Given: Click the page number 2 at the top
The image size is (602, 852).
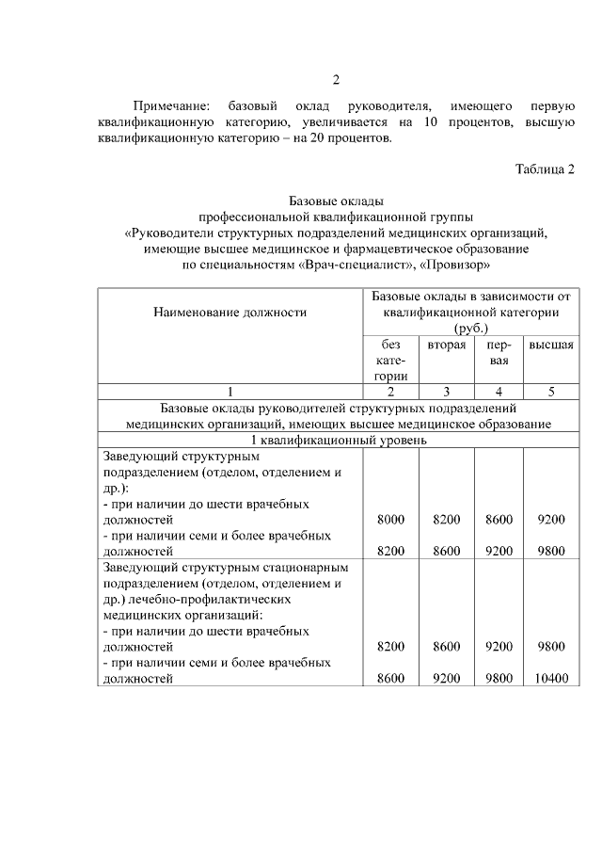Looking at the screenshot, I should (x=335, y=79).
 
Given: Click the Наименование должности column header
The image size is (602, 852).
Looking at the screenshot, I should (x=230, y=312).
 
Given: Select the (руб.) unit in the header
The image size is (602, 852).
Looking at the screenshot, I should (x=470, y=328).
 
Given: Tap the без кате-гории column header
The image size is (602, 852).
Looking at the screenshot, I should (x=390, y=360).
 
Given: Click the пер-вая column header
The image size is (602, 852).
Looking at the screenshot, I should (x=499, y=352).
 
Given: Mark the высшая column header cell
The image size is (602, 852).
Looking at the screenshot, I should (x=551, y=345).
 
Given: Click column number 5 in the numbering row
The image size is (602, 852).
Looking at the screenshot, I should (x=551, y=391).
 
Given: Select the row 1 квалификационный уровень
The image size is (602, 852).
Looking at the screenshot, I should (x=339, y=440).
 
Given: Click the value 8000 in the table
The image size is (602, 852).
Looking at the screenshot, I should (x=390, y=519).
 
